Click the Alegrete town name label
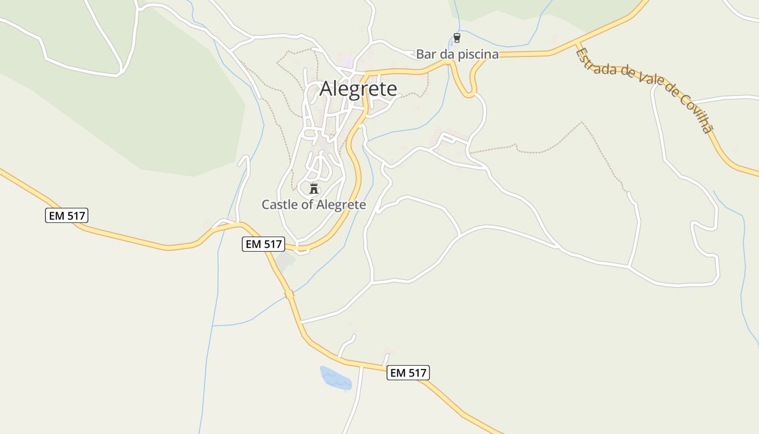pos(358,88)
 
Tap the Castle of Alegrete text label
pos(314,205)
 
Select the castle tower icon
pos(313,189)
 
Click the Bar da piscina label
pos(457,54)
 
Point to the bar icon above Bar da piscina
pos(456,38)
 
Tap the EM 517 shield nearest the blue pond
pos(408,373)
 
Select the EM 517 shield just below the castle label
pos(263,244)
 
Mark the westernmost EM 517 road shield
pos(66,216)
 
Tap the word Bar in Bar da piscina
pos(425,54)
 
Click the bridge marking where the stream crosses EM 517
pos(290,294)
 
